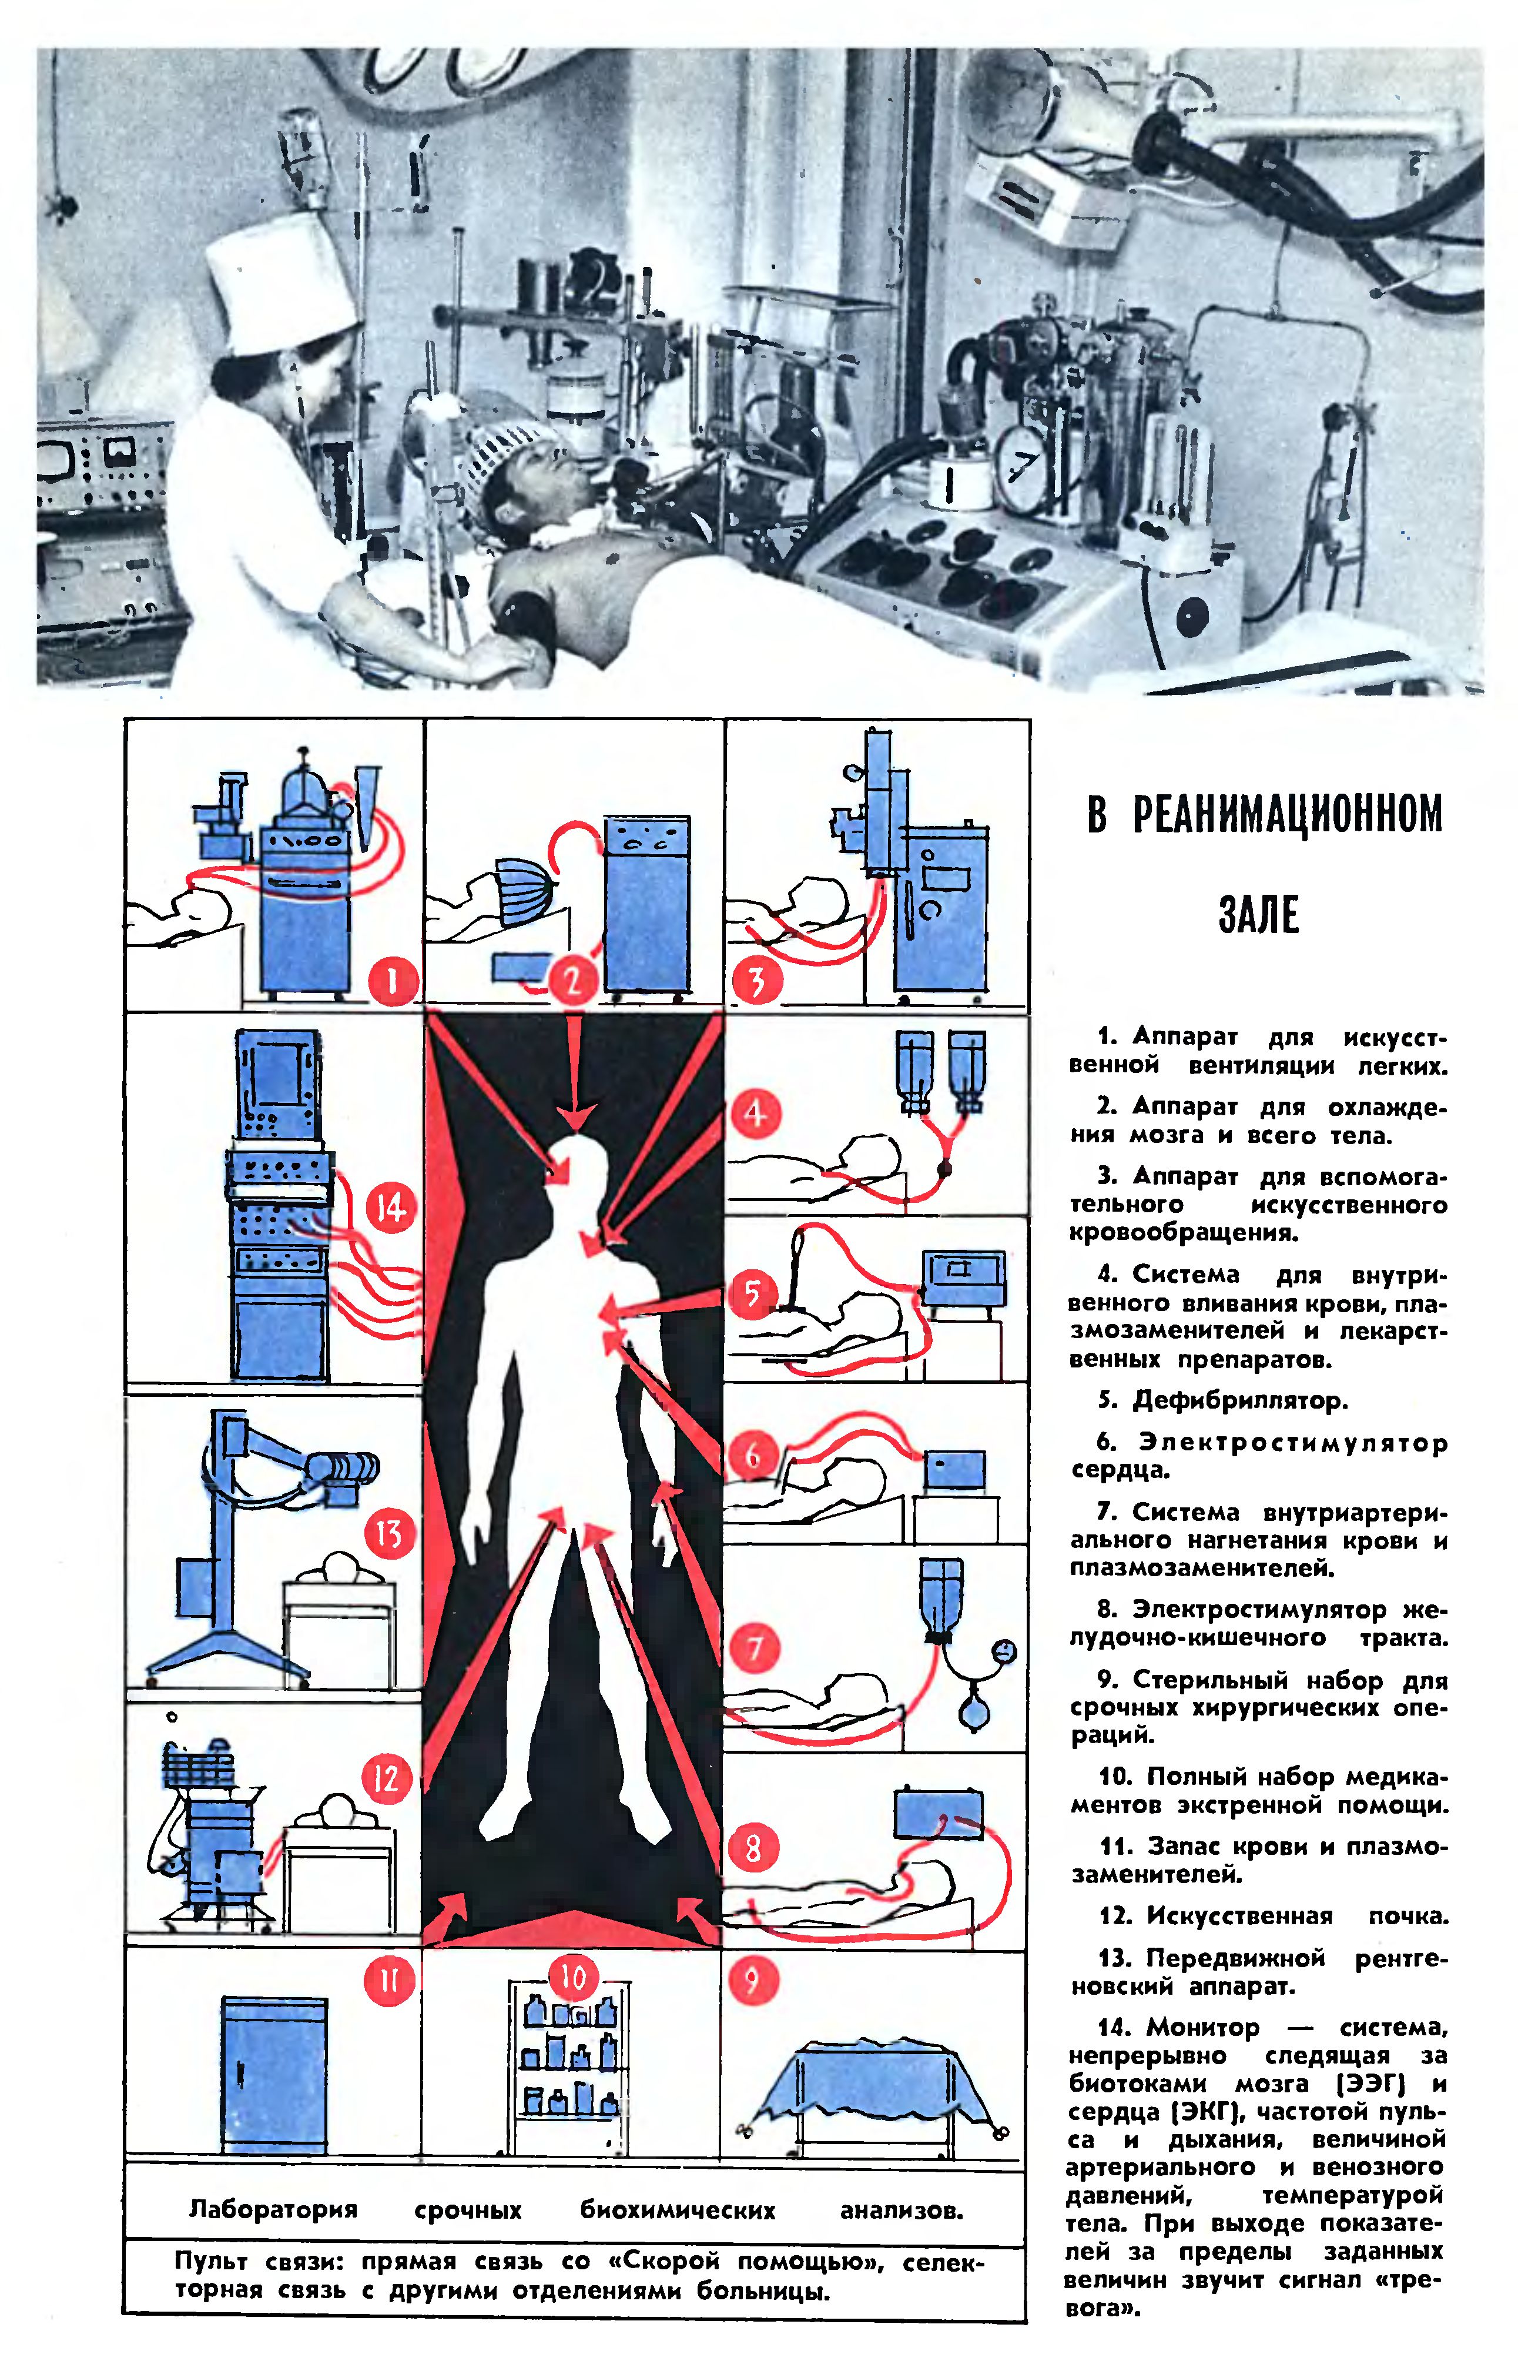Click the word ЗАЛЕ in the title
[1259, 915]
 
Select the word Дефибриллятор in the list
[1240, 1400]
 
